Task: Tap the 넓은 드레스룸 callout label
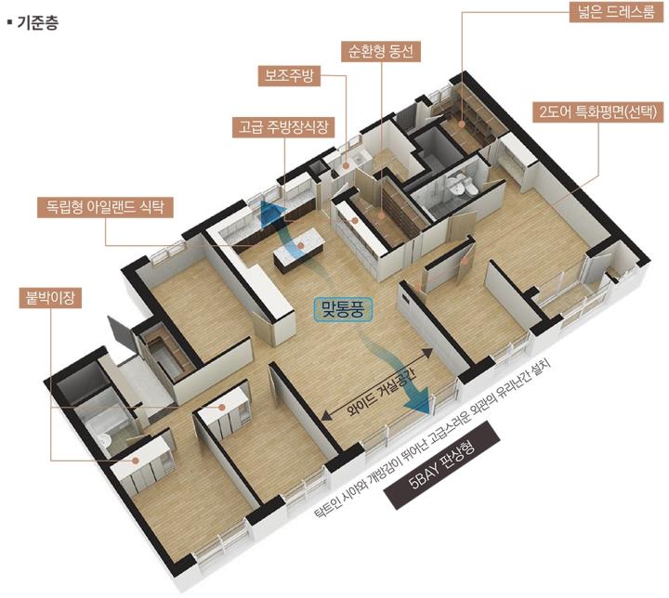(x=617, y=11)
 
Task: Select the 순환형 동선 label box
(x=381, y=52)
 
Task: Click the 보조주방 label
(x=289, y=76)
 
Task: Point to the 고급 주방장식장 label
(x=283, y=126)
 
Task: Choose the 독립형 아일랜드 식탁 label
(x=105, y=207)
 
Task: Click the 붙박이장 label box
(x=51, y=297)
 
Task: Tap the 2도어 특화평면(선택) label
(x=598, y=111)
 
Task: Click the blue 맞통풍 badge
(x=343, y=309)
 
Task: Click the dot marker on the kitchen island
(x=300, y=246)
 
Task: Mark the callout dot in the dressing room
(x=462, y=124)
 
